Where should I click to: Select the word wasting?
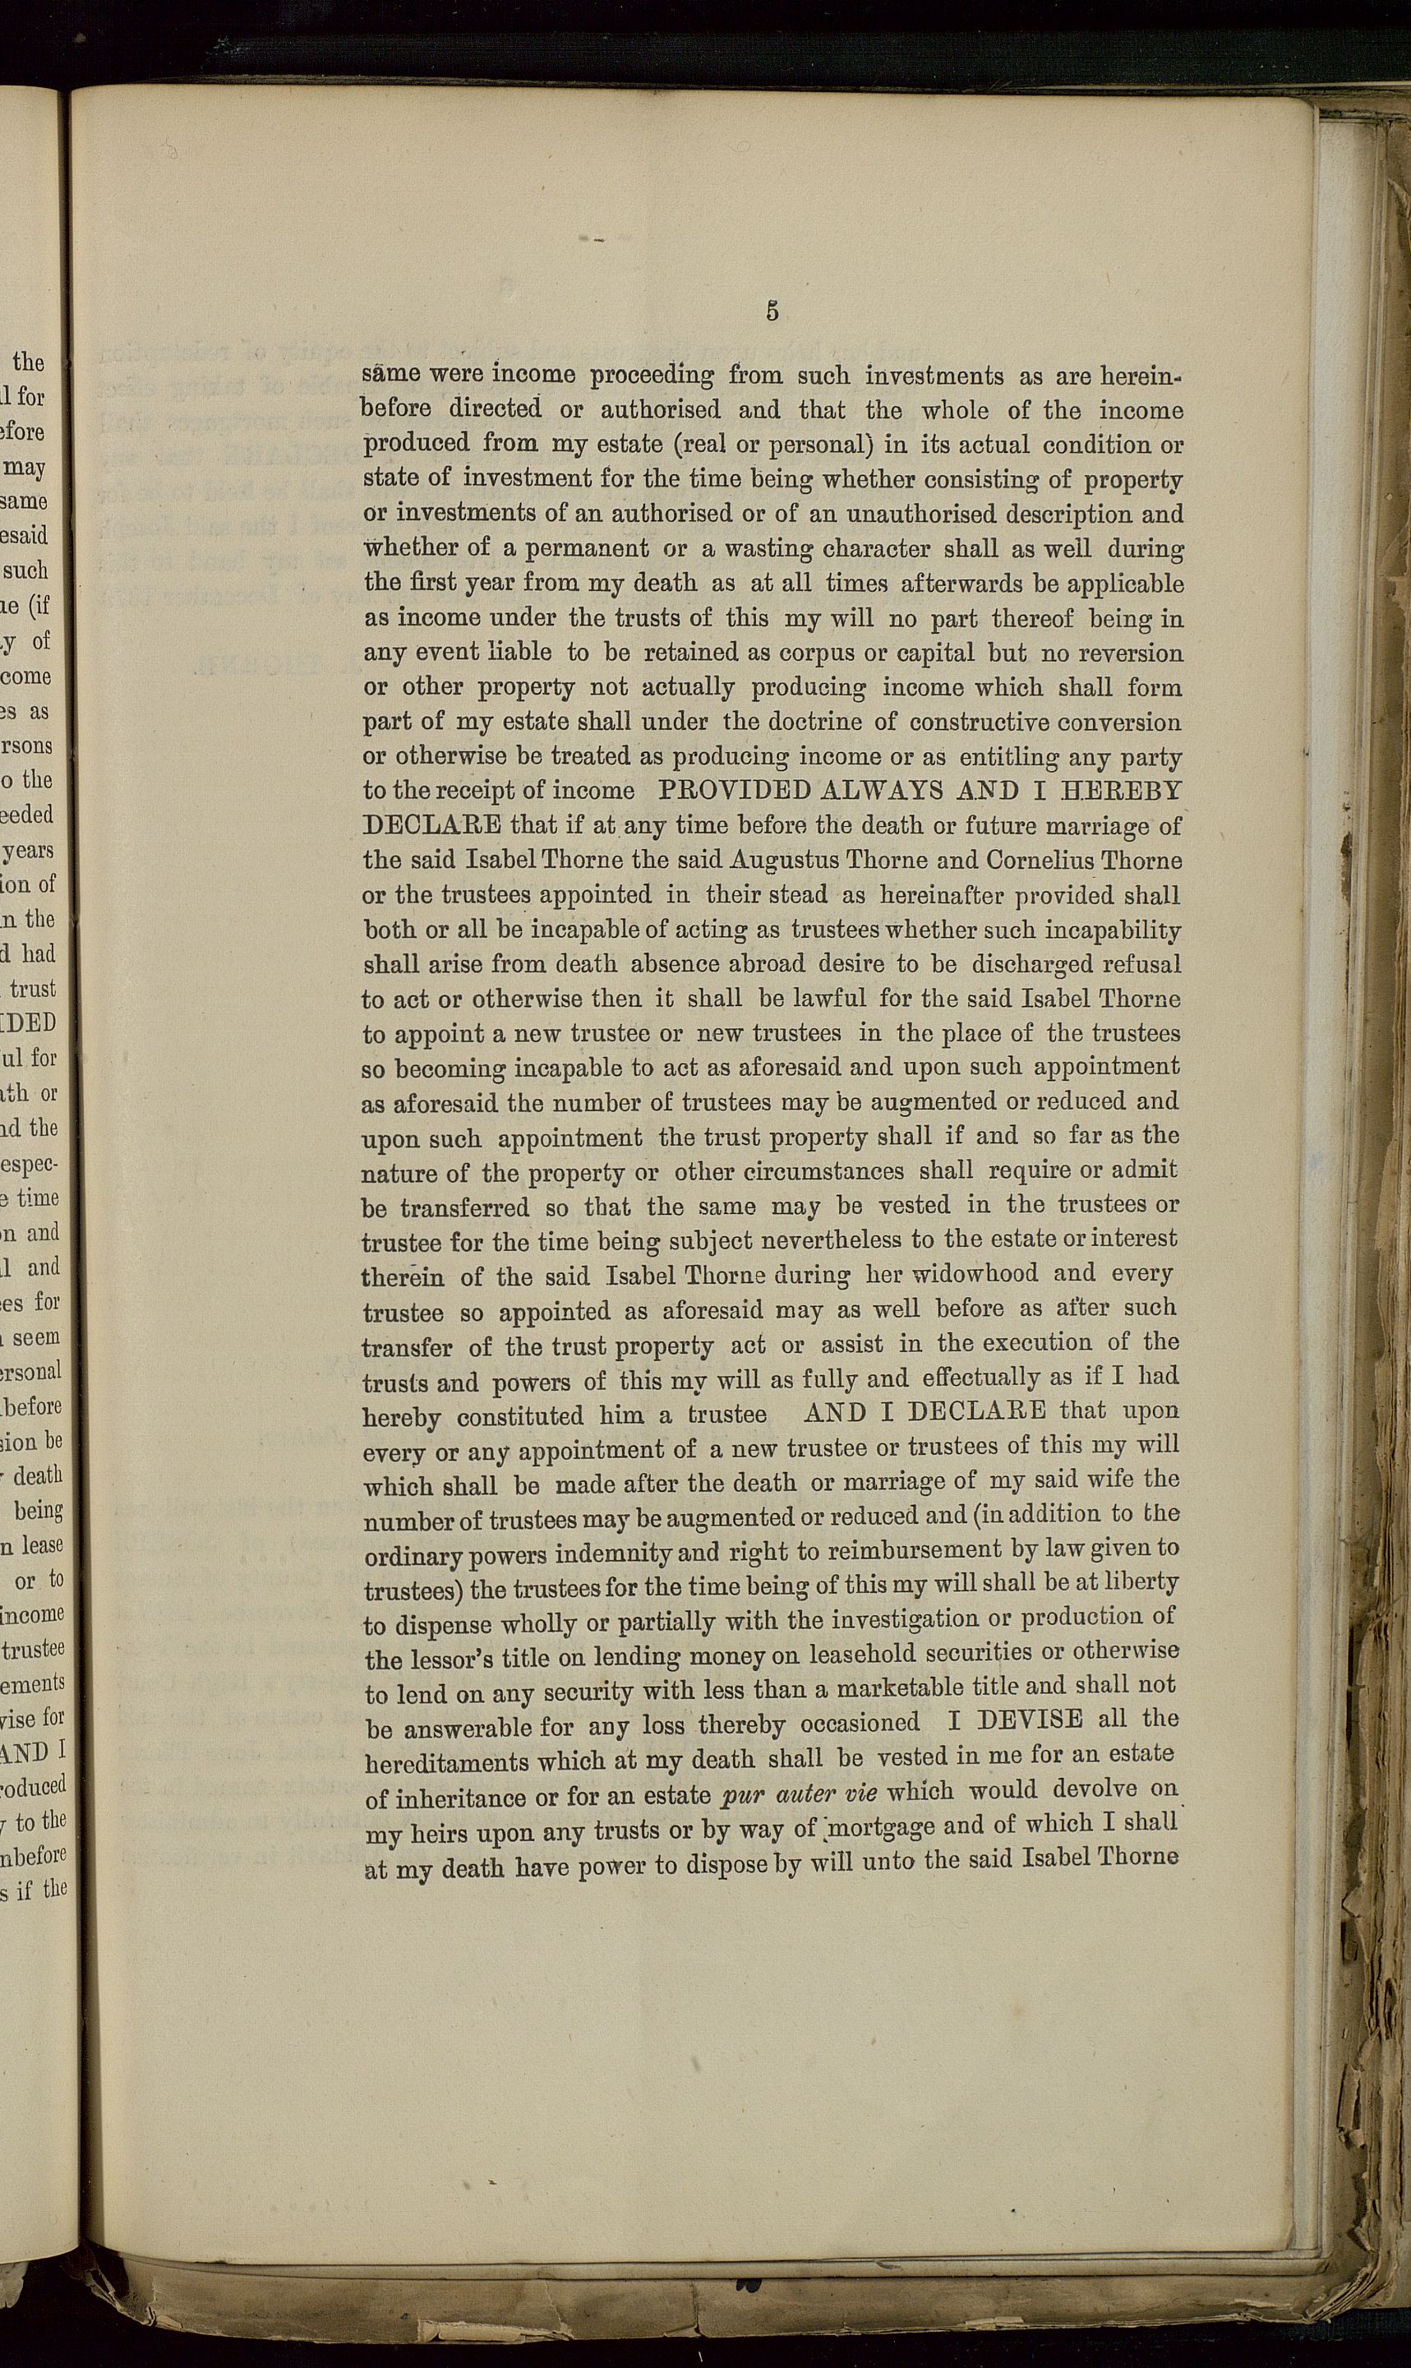(x=751, y=550)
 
